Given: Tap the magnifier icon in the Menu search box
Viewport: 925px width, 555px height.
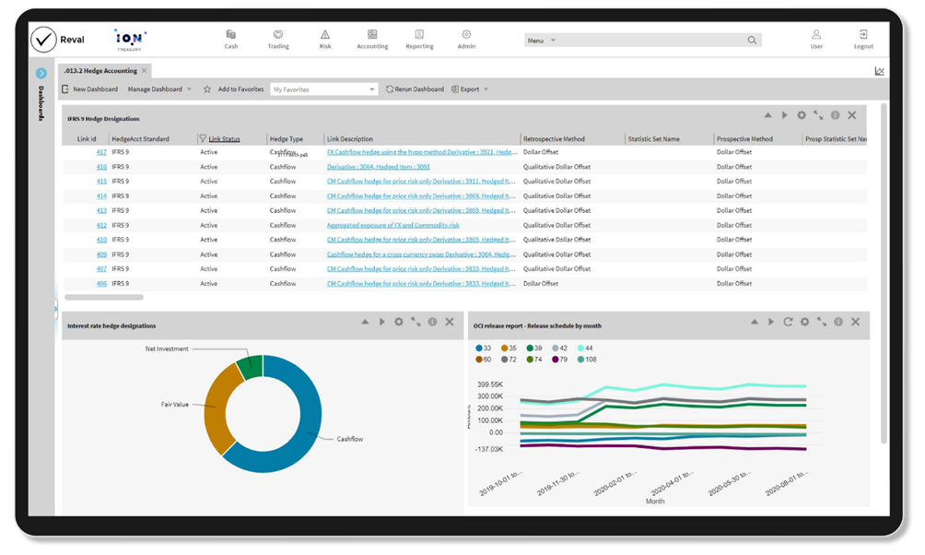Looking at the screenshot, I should tap(753, 41).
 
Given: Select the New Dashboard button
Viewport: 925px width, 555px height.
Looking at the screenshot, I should tap(89, 89).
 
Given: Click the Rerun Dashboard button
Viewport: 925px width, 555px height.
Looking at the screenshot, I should tap(415, 89).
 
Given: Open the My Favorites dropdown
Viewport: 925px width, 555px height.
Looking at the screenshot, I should tap(324, 89).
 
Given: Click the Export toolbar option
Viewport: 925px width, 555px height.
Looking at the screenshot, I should tap(469, 89).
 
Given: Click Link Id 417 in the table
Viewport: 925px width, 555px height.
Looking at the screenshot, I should tap(101, 152).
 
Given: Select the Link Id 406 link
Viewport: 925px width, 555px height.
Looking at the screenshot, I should tap(101, 284).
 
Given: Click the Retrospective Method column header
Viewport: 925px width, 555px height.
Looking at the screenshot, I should tap(554, 139).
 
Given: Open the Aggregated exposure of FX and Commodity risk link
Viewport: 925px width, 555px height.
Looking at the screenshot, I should tap(392, 225).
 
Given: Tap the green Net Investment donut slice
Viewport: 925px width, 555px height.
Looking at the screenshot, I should tap(249, 368).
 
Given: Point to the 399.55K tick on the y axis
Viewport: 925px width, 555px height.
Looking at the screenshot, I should tap(490, 384).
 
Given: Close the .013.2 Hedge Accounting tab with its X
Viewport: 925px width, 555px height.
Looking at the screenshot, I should tap(145, 70).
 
